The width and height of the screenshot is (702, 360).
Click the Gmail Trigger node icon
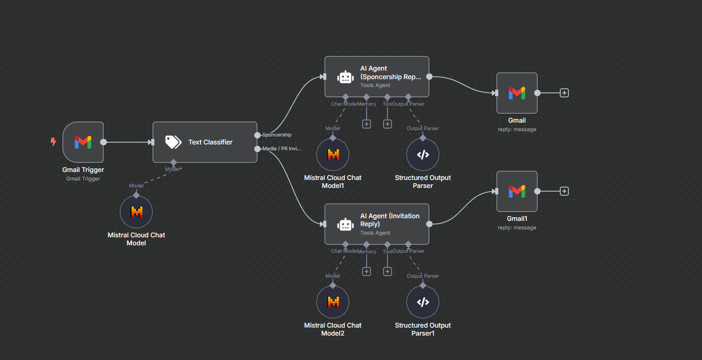[83, 142]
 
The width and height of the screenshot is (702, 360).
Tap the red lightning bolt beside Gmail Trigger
[53, 142]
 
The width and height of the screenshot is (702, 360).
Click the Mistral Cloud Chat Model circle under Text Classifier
[136, 212]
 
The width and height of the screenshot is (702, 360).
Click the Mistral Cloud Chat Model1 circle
[333, 155]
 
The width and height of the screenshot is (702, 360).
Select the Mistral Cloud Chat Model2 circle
[333, 302]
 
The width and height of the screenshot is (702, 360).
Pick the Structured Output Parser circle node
[422, 155]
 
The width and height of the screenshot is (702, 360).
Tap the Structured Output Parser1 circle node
[422, 302]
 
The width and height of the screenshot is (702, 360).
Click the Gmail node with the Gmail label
[517, 93]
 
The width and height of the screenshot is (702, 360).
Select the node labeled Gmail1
[517, 191]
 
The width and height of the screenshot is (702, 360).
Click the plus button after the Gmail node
[565, 93]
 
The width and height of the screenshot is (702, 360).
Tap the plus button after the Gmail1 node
[565, 191]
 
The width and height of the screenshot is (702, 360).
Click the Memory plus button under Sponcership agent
[366, 124]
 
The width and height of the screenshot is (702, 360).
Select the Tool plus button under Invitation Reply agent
[387, 271]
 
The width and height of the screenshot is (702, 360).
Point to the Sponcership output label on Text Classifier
[277, 135]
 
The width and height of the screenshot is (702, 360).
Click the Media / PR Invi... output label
[282, 149]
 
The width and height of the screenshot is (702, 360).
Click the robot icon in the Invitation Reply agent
[346, 225]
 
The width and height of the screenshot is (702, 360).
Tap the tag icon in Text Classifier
[173, 142]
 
